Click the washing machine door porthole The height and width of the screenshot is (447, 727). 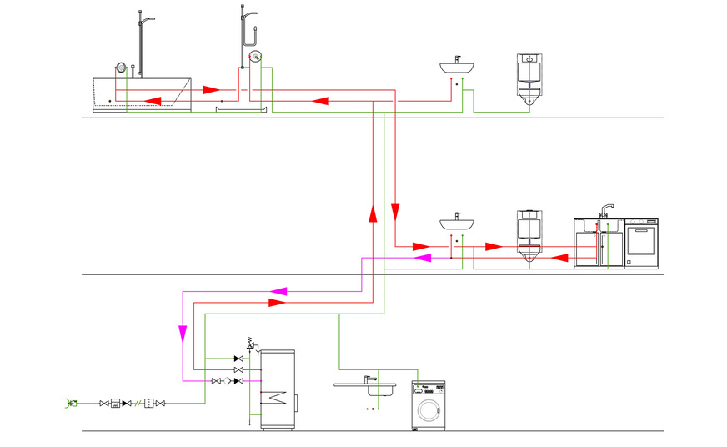pyautogui.click(x=429, y=410)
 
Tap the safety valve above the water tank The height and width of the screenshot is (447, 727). pyautogui.click(x=249, y=344)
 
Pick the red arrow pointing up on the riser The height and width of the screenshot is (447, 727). pyautogui.click(x=373, y=214)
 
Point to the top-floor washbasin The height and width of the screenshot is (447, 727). pyautogui.click(x=458, y=67)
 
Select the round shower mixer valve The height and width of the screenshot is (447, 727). pyautogui.click(x=255, y=58)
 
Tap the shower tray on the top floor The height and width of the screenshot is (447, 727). pyautogui.click(x=241, y=108)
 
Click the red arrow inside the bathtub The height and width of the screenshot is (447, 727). pyautogui.click(x=154, y=101)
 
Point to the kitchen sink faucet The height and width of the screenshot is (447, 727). pyautogui.click(x=607, y=208)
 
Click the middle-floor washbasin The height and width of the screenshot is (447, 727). pyautogui.click(x=458, y=223)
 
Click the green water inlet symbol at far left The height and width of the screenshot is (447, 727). pyautogui.click(x=70, y=404)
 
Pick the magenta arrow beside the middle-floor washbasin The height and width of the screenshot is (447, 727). pyautogui.click(x=423, y=258)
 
